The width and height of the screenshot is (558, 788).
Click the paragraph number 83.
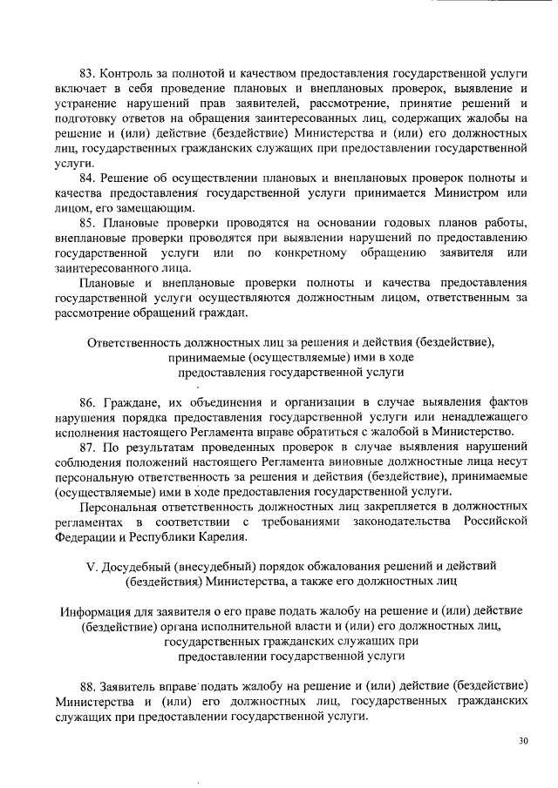(x=87, y=73)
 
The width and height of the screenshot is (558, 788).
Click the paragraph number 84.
(x=87, y=178)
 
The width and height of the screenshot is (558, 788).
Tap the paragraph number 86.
(x=87, y=402)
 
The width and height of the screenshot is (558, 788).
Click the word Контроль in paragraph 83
(x=130, y=73)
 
